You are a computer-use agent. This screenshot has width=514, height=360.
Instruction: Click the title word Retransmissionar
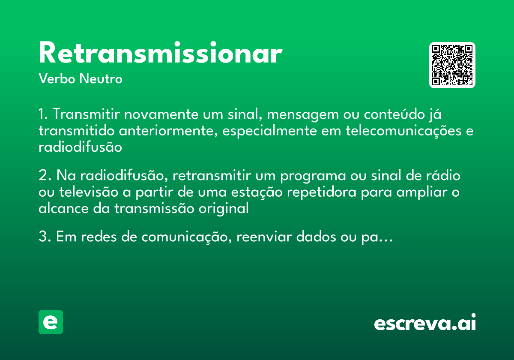160,54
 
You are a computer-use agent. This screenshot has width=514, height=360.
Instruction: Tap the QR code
452,65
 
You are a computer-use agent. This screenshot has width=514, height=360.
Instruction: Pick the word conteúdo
393,115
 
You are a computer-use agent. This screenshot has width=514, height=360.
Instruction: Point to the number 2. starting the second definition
45,176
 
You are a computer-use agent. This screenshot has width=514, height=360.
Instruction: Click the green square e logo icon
51,322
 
